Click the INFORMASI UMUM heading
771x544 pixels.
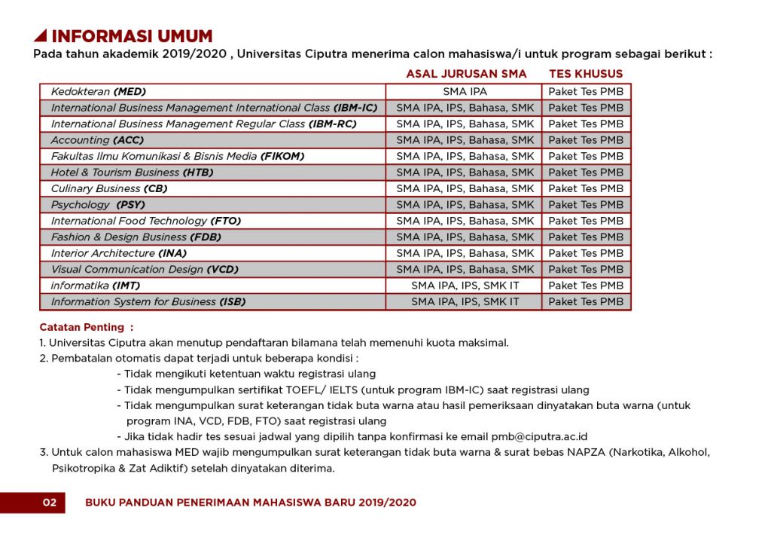point(132,36)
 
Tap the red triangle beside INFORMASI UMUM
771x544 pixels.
point(41,36)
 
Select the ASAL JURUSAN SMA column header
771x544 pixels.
point(466,74)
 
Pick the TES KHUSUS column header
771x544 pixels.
point(586,74)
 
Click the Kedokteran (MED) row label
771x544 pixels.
point(98,91)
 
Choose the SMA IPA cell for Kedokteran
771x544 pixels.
point(465,91)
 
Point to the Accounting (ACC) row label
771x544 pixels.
point(97,140)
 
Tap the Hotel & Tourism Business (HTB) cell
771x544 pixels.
point(132,173)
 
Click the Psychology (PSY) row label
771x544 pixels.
point(98,205)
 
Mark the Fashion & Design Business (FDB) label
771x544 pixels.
point(136,237)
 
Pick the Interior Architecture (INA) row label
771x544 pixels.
point(119,253)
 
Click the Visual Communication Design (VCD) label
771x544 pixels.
point(144,270)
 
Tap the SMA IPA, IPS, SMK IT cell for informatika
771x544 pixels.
point(465,286)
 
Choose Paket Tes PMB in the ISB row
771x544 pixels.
point(586,302)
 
